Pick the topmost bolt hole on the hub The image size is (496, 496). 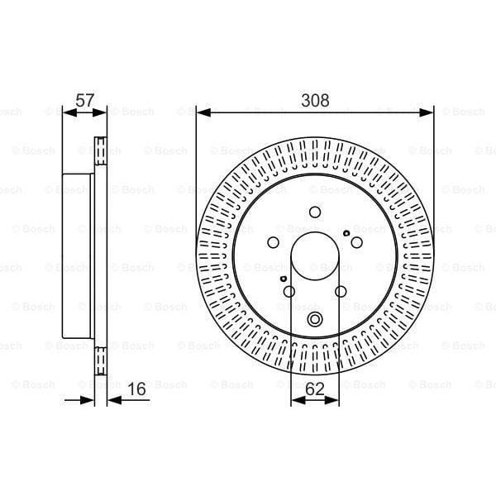[x=315, y=212]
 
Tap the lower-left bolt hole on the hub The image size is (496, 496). [x=289, y=291]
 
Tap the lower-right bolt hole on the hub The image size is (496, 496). [x=341, y=291]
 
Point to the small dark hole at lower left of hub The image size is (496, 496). [x=284, y=280]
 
